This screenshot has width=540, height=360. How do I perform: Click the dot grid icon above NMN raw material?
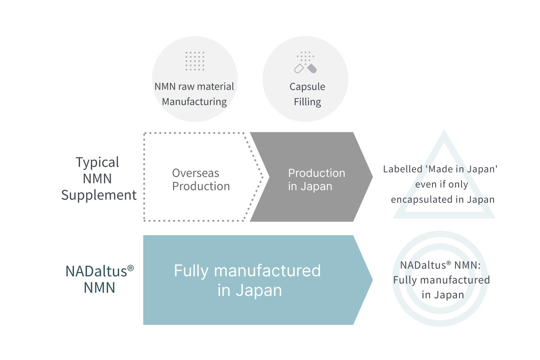point(195,61)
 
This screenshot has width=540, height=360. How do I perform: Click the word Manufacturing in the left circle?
point(194,102)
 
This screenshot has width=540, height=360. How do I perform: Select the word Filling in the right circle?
point(307,102)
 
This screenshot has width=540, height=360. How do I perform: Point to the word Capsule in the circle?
point(307,87)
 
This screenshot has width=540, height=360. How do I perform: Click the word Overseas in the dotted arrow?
point(196,173)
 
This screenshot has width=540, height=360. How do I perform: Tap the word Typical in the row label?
point(98,162)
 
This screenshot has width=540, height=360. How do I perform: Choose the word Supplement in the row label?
point(99,195)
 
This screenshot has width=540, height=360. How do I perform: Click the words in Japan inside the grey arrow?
point(310,186)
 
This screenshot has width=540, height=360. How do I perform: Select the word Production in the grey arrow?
point(316,173)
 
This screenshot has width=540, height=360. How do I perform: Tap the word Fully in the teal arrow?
point(191,271)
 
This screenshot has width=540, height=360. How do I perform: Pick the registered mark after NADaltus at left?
point(130,268)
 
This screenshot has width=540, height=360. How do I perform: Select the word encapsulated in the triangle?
point(421,200)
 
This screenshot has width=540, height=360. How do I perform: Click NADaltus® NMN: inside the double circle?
point(440,265)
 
